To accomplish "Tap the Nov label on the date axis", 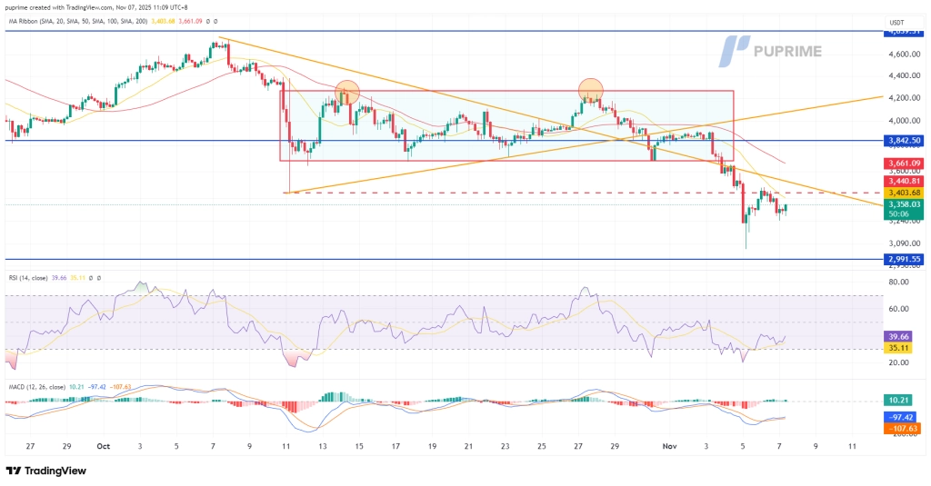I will (x=670, y=447).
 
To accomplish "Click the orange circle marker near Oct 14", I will (x=345, y=91).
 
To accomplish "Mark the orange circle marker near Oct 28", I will (x=591, y=88).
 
